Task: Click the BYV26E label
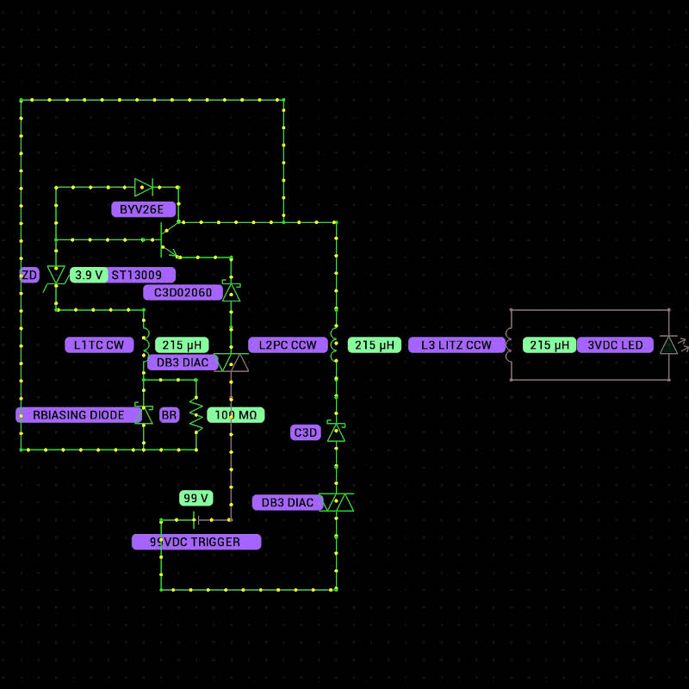tap(143, 209)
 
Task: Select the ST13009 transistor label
tap(141, 275)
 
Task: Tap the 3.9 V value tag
tap(89, 275)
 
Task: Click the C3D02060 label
tap(183, 293)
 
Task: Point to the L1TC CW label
tap(98, 345)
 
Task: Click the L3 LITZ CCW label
tap(456, 345)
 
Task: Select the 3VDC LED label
tap(615, 345)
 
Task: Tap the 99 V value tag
tap(196, 498)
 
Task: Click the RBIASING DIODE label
tap(78, 415)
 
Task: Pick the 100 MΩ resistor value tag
tap(236, 415)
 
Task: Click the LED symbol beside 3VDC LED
tap(669, 345)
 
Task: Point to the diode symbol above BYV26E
tap(144, 187)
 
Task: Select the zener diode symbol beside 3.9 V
tap(56, 275)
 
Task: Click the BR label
tap(169, 415)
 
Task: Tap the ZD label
tap(29, 275)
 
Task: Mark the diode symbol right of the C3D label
tap(336, 432)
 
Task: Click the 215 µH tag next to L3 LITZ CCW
tap(550, 345)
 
